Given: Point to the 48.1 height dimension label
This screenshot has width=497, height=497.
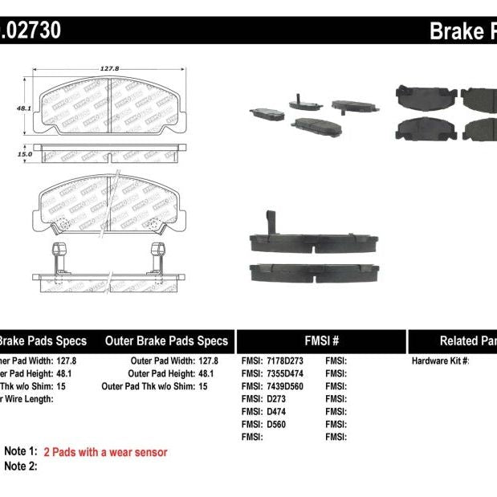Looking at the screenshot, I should coord(23,108).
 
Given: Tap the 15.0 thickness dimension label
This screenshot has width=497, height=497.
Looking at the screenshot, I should coord(24,153).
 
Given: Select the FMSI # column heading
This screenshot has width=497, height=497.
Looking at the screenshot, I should coord(320,340).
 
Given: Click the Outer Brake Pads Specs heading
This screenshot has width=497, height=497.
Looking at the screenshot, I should coord(166,340).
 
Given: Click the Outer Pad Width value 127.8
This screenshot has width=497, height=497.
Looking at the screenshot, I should coord(207,361).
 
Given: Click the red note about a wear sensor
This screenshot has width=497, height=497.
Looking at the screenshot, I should coord(105,453).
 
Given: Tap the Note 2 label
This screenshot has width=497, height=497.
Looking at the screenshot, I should coord(21,466).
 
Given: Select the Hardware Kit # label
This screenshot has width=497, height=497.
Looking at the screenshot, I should coord(441,361).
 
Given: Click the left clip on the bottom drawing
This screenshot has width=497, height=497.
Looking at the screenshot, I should coord(59,256).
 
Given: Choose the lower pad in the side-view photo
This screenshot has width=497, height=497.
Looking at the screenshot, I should coord(312,273).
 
